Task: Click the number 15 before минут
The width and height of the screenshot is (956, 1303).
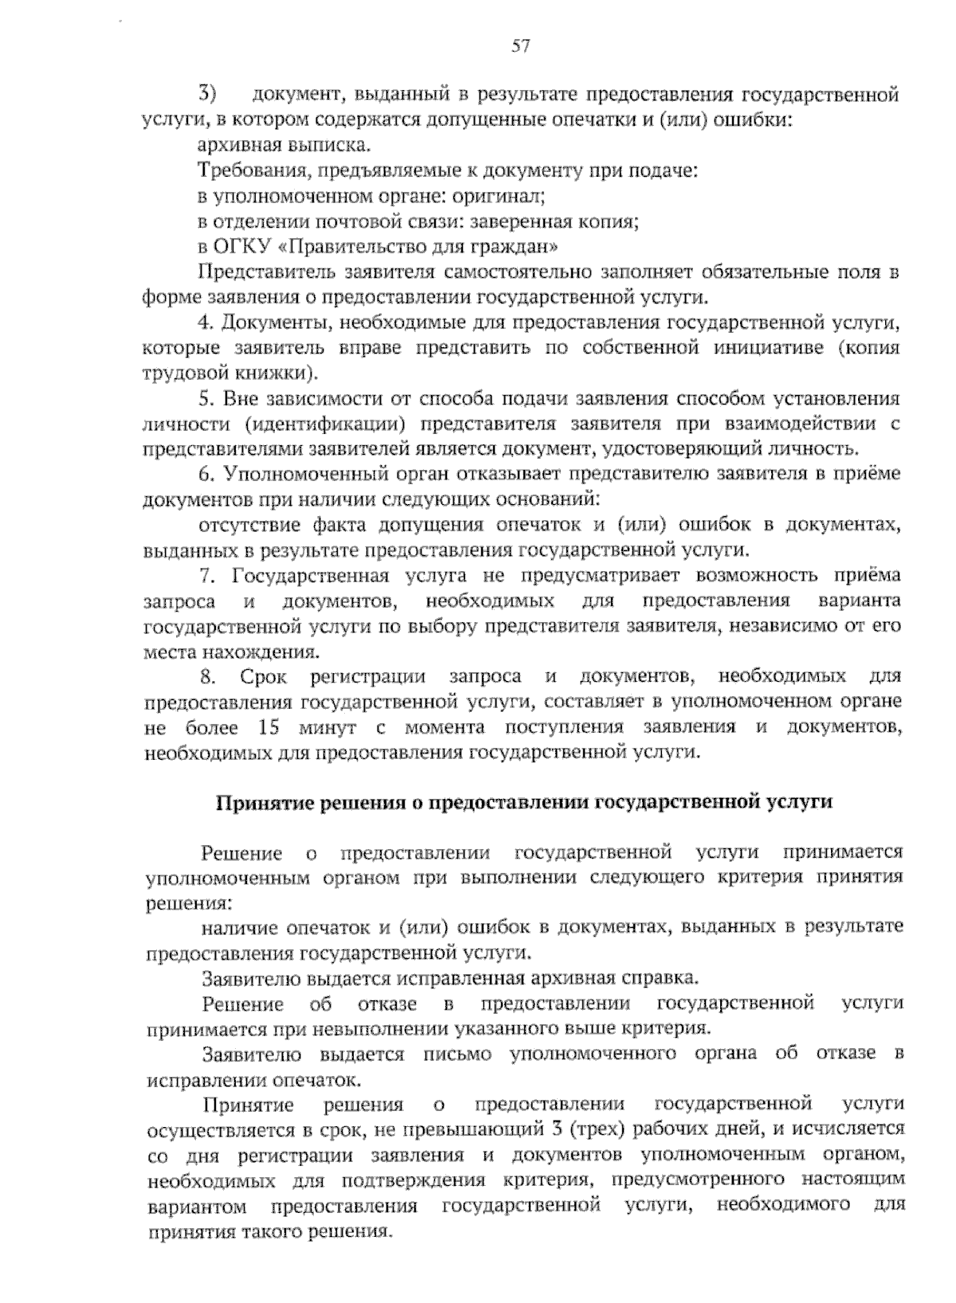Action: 271,728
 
